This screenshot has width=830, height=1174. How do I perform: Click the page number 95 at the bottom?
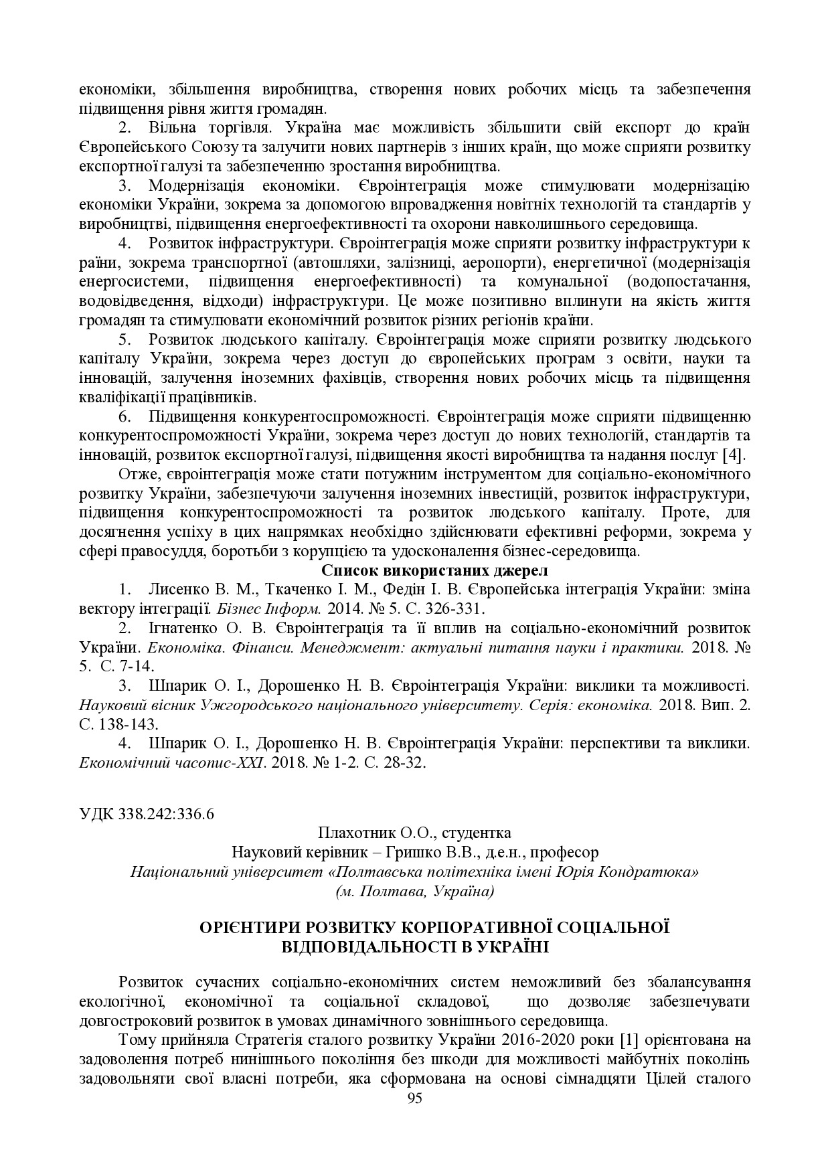[x=414, y=1098]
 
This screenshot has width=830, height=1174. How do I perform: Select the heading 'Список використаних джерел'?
[x=434, y=570]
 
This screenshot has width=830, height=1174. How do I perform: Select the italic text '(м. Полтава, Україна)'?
[x=414, y=892]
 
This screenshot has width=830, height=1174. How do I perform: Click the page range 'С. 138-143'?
[x=118, y=724]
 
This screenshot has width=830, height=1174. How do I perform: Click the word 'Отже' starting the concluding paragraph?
[x=135, y=475]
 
